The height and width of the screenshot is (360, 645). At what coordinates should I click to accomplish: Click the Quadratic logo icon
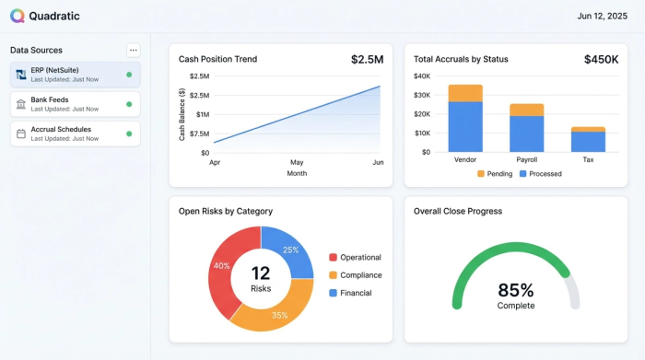pyautogui.click(x=18, y=16)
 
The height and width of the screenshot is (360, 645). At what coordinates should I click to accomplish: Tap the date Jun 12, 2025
pyautogui.click(x=602, y=16)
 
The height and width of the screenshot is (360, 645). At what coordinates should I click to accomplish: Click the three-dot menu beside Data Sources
pyautogui.click(x=134, y=50)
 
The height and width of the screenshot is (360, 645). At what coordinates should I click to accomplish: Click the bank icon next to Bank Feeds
pyautogui.click(x=21, y=104)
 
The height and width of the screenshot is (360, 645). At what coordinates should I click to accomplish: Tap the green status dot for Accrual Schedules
pyautogui.click(x=129, y=134)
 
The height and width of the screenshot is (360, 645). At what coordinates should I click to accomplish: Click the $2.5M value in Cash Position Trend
pyautogui.click(x=367, y=60)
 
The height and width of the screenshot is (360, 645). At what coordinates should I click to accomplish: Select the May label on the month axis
pyautogui.click(x=297, y=162)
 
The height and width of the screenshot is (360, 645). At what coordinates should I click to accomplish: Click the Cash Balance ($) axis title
pyautogui.click(x=182, y=114)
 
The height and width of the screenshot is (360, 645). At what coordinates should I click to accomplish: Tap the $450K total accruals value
pyautogui.click(x=601, y=60)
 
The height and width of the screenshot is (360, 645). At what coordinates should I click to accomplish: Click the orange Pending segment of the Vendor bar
pyautogui.click(x=465, y=93)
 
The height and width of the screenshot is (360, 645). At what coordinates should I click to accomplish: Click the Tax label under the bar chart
pyautogui.click(x=588, y=160)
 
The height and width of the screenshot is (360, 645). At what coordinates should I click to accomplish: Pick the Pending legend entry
pyautogui.click(x=494, y=173)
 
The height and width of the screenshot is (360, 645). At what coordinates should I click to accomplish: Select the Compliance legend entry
pyautogui.click(x=359, y=275)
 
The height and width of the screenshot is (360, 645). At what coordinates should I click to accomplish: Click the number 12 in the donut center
pyautogui.click(x=261, y=273)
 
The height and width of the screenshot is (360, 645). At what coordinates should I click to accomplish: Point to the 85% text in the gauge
pyautogui.click(x=515, y=290)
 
